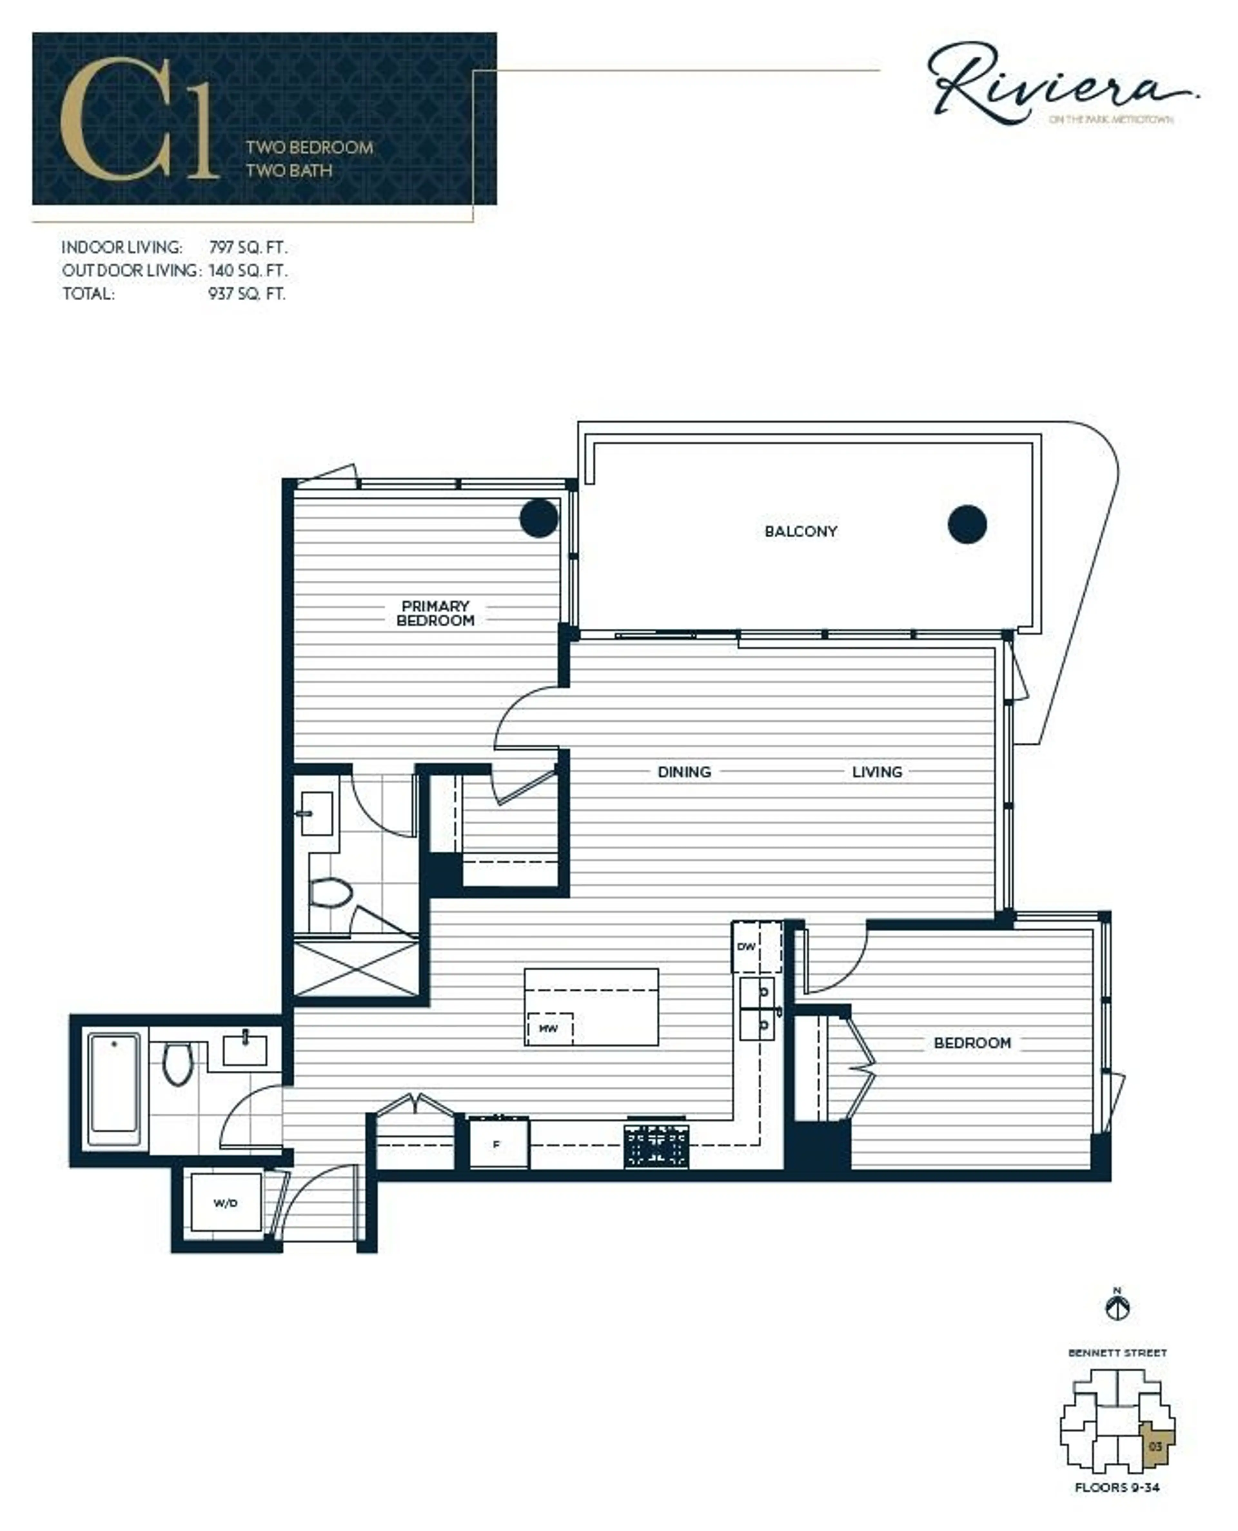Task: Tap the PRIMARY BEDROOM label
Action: [x=435, y=614]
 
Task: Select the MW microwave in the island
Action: [x=548, y=1029]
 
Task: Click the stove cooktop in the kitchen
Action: [x=656, y=1146]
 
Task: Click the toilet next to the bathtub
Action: [x=178, y=1063]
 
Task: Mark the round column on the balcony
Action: [x=967, y=524]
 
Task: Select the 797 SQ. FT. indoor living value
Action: [x=248, y=247]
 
